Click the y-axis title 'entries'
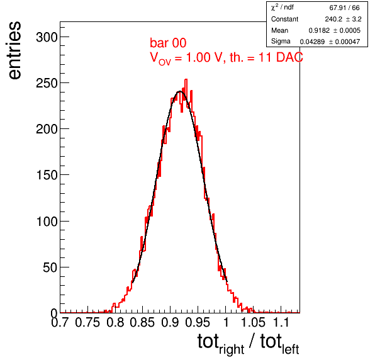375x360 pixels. [15, 50]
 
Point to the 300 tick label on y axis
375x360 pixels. [47, 37]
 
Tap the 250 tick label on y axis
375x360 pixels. [47, 83]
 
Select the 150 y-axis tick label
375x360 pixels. [47, 175]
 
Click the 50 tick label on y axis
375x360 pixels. [50, 267]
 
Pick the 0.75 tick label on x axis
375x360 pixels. [87, 322]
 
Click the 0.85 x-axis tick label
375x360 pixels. [142, 322]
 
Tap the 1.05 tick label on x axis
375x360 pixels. [253, 322]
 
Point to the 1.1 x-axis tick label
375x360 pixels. [281, 322]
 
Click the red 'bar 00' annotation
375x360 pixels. [168, 43]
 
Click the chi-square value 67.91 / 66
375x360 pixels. [344, 8]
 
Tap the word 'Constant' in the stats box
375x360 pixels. [284, 19]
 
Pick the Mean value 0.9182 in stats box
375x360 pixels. [319, 30]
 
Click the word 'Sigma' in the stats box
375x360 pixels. [281, 42]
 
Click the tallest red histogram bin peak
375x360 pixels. [186, 79]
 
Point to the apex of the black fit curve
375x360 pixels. [180, 91]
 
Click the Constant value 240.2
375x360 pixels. [333, 19]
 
